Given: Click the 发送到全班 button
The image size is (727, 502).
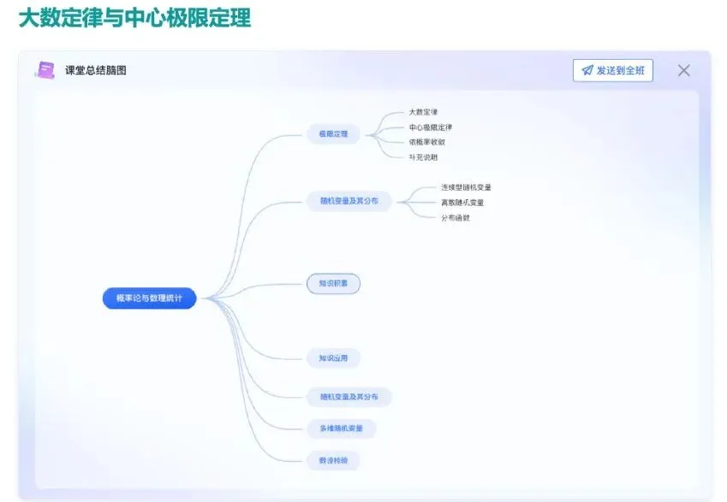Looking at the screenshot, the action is (x=612, y=70).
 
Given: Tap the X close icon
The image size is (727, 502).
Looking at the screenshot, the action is (x=683, y=70).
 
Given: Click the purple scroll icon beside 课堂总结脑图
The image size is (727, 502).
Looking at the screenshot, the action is (x=45, y=70).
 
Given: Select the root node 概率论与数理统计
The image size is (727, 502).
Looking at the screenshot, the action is (x=149, y=298).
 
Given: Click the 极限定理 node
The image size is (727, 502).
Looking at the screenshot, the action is (x=333, y=133).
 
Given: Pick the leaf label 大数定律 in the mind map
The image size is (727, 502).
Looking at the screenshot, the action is (x=423, y=112).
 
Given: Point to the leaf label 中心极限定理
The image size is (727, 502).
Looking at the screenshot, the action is (x=430, y=127).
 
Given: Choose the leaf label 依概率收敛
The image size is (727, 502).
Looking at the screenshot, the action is (x=426, y=142).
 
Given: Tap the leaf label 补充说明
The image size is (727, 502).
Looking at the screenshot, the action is (x=423, y=157).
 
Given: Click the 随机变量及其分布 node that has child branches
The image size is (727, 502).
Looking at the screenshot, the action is (x=349, y=202).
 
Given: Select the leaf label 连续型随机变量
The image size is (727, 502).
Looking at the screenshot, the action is (x=466, y=187).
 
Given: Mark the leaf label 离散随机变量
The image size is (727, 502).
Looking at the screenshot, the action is (x=462, y=203).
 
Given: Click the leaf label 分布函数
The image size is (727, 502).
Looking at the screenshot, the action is (x=455, y=217).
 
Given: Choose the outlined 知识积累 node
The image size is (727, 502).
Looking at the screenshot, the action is (x=333, y=283).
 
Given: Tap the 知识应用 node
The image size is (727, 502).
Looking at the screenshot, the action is (x=333, y=357).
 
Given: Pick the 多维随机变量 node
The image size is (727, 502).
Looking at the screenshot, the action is (x=341, y=428).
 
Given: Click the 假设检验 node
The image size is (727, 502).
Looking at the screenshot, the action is (x=333, y=460).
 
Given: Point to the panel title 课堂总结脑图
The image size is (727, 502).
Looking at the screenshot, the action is (x=96, y=70).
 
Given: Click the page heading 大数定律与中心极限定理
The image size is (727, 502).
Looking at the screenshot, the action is (x=134, y=18).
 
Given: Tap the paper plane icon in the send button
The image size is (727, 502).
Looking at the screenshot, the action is (x=587, y=70).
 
